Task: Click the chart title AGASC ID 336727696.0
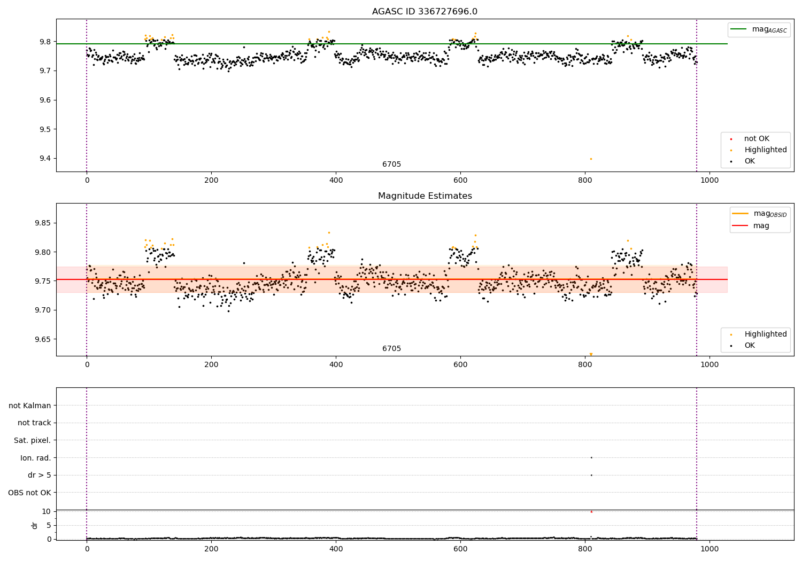pos(425,12)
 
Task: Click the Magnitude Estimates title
pos(425,196)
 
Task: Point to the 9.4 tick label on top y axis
pos(45,159)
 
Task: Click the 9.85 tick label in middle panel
pos(43,223)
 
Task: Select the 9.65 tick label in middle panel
pos(43,339)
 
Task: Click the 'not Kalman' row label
pos(30,406)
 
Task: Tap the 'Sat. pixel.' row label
pos(33,440)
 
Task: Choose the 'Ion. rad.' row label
pos(36,458)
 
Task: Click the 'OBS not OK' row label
pos(30,493)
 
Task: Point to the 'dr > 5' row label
pos(40,475)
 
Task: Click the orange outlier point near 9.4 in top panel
pos(591,159)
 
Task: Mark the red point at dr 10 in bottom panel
pos(591,512)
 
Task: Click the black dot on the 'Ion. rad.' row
pos(591,457)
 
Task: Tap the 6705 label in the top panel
pos(391,165)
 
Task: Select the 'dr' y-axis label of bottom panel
pos(35,525)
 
